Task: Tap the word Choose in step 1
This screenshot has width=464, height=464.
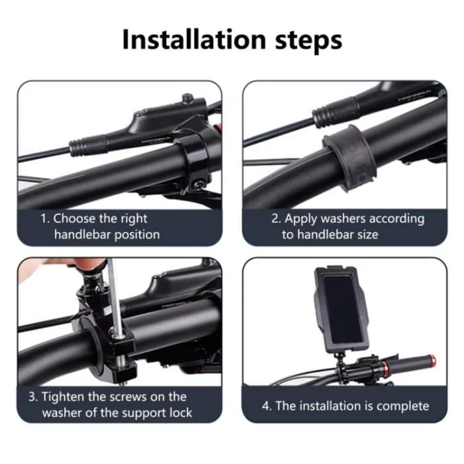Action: tap(75, 218)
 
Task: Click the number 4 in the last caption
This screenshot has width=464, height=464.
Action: tap(266, 405)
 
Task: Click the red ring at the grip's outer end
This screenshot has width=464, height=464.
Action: tap(432, 362)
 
